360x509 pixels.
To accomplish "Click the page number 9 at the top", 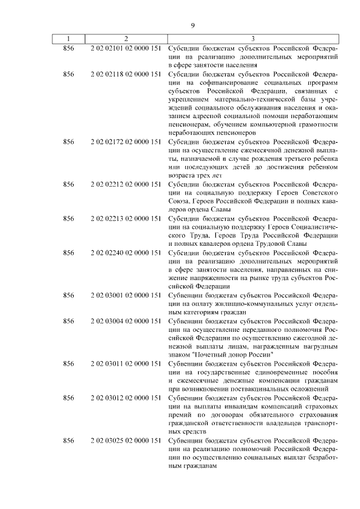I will (192, 25).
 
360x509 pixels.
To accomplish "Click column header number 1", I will (69, 39).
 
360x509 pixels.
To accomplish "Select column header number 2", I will (125, 39).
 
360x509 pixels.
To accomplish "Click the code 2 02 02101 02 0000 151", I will (125, 48).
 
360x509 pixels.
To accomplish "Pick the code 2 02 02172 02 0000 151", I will (125, 143).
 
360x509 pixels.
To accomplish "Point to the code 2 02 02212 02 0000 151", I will (125, 184).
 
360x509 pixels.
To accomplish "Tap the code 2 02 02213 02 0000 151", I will (125, 218).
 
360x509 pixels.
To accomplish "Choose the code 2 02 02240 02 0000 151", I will (125, 253).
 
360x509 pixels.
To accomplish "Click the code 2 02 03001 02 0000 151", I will (125, 295).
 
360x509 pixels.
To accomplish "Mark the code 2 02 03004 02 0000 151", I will (125, 321).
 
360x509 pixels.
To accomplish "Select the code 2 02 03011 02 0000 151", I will (125, 364).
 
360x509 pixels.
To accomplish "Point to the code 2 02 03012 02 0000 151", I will (125, 398).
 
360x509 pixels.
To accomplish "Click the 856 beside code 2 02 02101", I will (69, 48).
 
